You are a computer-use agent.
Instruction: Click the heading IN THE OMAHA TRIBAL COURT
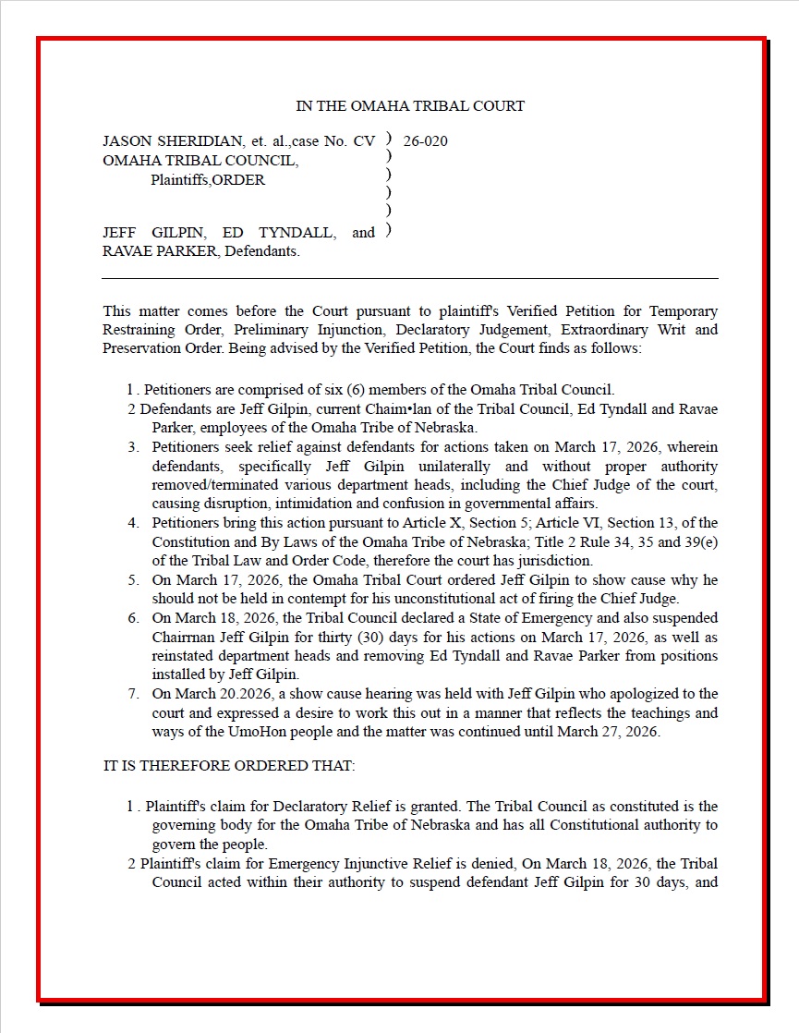coord(409,106)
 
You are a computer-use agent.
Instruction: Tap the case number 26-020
coord(426,141)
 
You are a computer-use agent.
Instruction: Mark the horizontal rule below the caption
coord(409,278)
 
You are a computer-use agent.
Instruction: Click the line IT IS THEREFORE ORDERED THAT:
coord(229,766)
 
